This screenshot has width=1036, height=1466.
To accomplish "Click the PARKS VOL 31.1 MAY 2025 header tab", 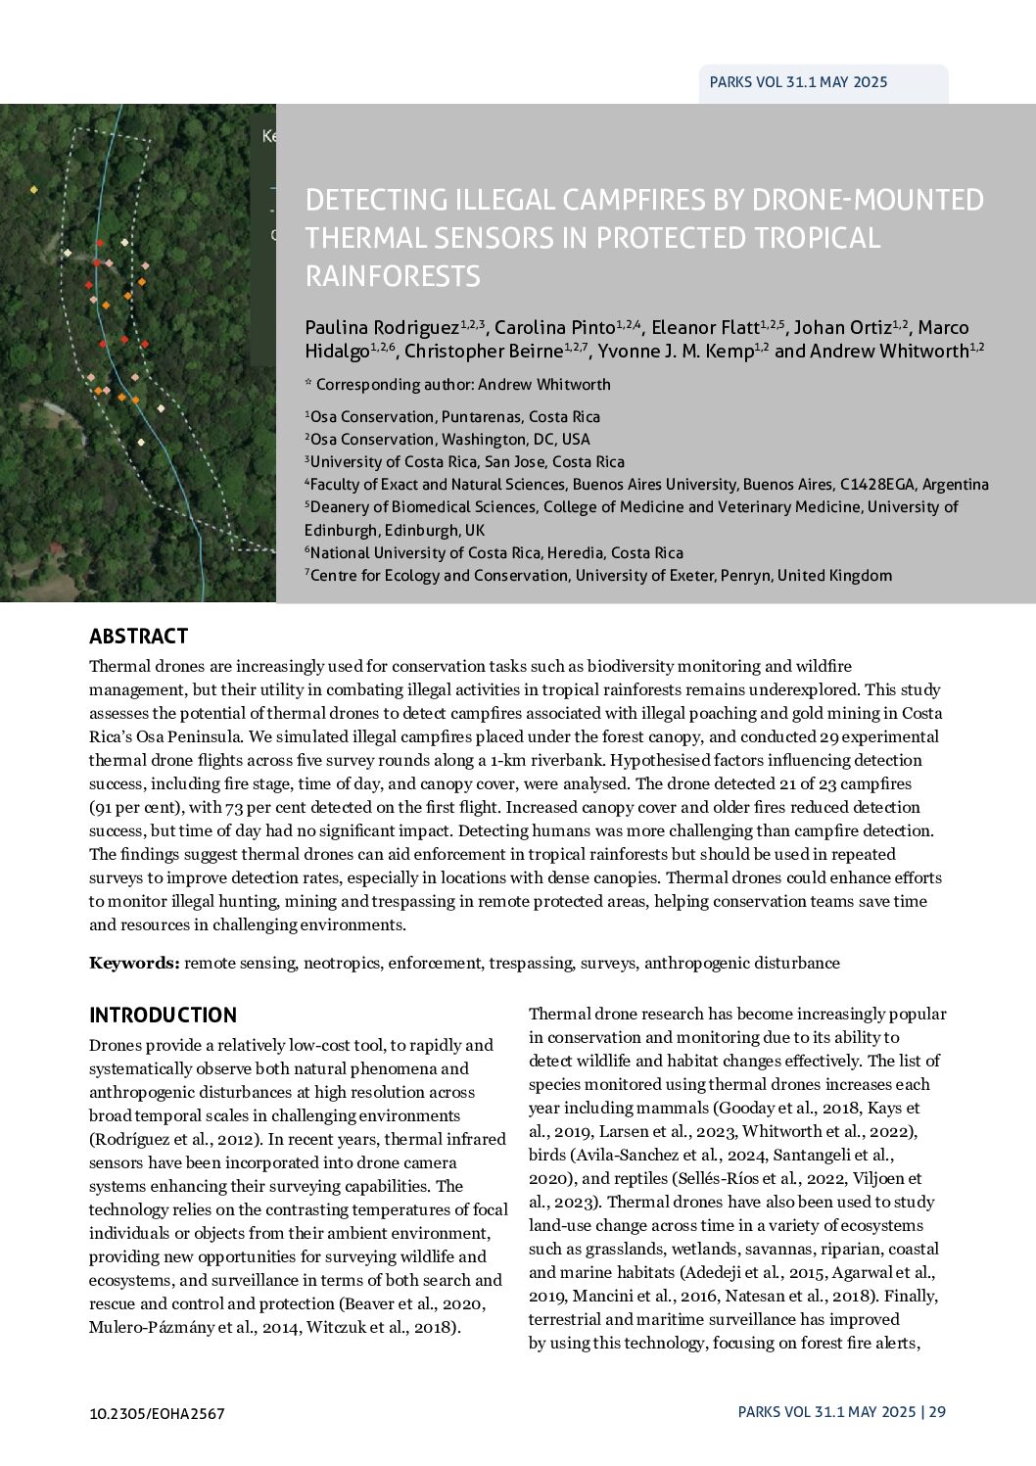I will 798,82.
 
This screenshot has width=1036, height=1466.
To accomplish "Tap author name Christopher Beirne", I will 483,352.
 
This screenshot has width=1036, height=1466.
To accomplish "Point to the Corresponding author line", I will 457,385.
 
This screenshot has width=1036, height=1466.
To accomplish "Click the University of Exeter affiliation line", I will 600,576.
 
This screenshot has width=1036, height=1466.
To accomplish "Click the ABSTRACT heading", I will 138,637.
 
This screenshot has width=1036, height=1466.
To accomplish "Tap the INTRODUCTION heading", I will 163,1016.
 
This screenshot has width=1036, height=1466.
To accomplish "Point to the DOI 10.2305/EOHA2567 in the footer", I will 157,1413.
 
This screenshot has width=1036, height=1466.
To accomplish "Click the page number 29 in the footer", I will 937,1412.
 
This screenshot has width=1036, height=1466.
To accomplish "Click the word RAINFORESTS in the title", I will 393,276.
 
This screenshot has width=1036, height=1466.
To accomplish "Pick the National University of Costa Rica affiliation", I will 495,553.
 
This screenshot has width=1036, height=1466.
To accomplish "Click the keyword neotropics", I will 342,963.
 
